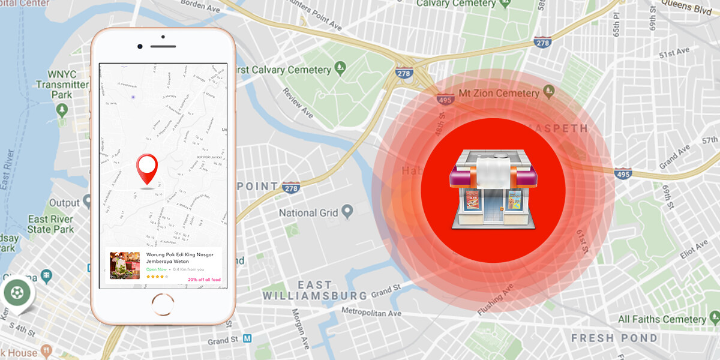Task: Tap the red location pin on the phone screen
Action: pyautogui.click(x=147, y=168)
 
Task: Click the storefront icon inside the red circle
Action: pyautogui.click(x=493, y=189)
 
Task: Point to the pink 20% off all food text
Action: pyautogui.click(x=204, y=280)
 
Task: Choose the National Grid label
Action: pyautogui.click(x=307, y=212)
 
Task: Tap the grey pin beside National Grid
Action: pyautogui.click(x=347, y=211)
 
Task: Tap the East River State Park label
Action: pyautogui.click(x=51, y=224)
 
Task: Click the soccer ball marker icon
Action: pyautogui.click(x=17, y=293)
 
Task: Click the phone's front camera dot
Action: pyautogui.click(x=140, y=46)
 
